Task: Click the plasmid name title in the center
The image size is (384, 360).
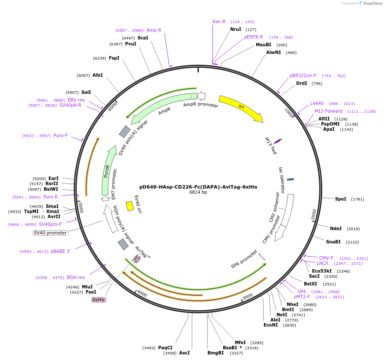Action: (198, 187)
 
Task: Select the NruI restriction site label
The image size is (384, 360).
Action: (236, 30)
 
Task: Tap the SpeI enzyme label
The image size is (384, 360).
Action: (341, 199)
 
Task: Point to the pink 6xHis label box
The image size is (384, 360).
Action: (99, 300)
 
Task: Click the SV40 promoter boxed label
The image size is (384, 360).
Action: (51, 233)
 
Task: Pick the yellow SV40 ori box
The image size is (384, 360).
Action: (130, 206)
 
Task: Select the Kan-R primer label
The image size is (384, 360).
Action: (219, 21)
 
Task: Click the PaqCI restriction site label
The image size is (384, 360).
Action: (165, 348)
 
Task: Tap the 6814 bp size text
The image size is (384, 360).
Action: (198, 192)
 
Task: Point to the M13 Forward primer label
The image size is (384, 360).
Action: (328, 111)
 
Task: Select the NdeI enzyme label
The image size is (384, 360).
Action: (336, 228)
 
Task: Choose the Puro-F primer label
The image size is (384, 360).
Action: (60, 135)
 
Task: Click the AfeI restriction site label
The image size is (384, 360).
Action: (98, 75)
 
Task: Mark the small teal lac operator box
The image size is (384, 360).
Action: (290, 179)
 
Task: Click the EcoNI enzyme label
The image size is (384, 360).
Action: (271, 325)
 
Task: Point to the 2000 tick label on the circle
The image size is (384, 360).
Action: (313, 215)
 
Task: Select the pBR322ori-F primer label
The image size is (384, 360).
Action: (303, 75)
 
